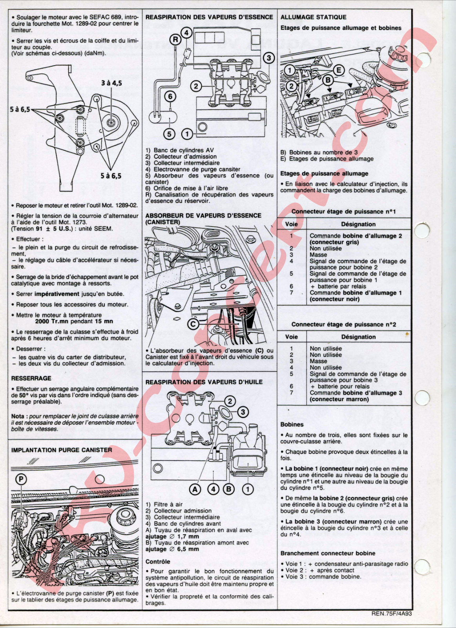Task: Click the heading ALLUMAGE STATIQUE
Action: [313, 17]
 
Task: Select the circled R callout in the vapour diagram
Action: [176, 39]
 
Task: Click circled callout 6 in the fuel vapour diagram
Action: [170, 97]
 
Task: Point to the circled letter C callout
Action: [193, 324]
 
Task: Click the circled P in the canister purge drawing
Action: [21, 480]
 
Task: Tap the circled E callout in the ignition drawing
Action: [339, 70]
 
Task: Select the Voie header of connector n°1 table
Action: [291, 224]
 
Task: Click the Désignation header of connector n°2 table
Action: [358, 337]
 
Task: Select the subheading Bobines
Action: [292, 424]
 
